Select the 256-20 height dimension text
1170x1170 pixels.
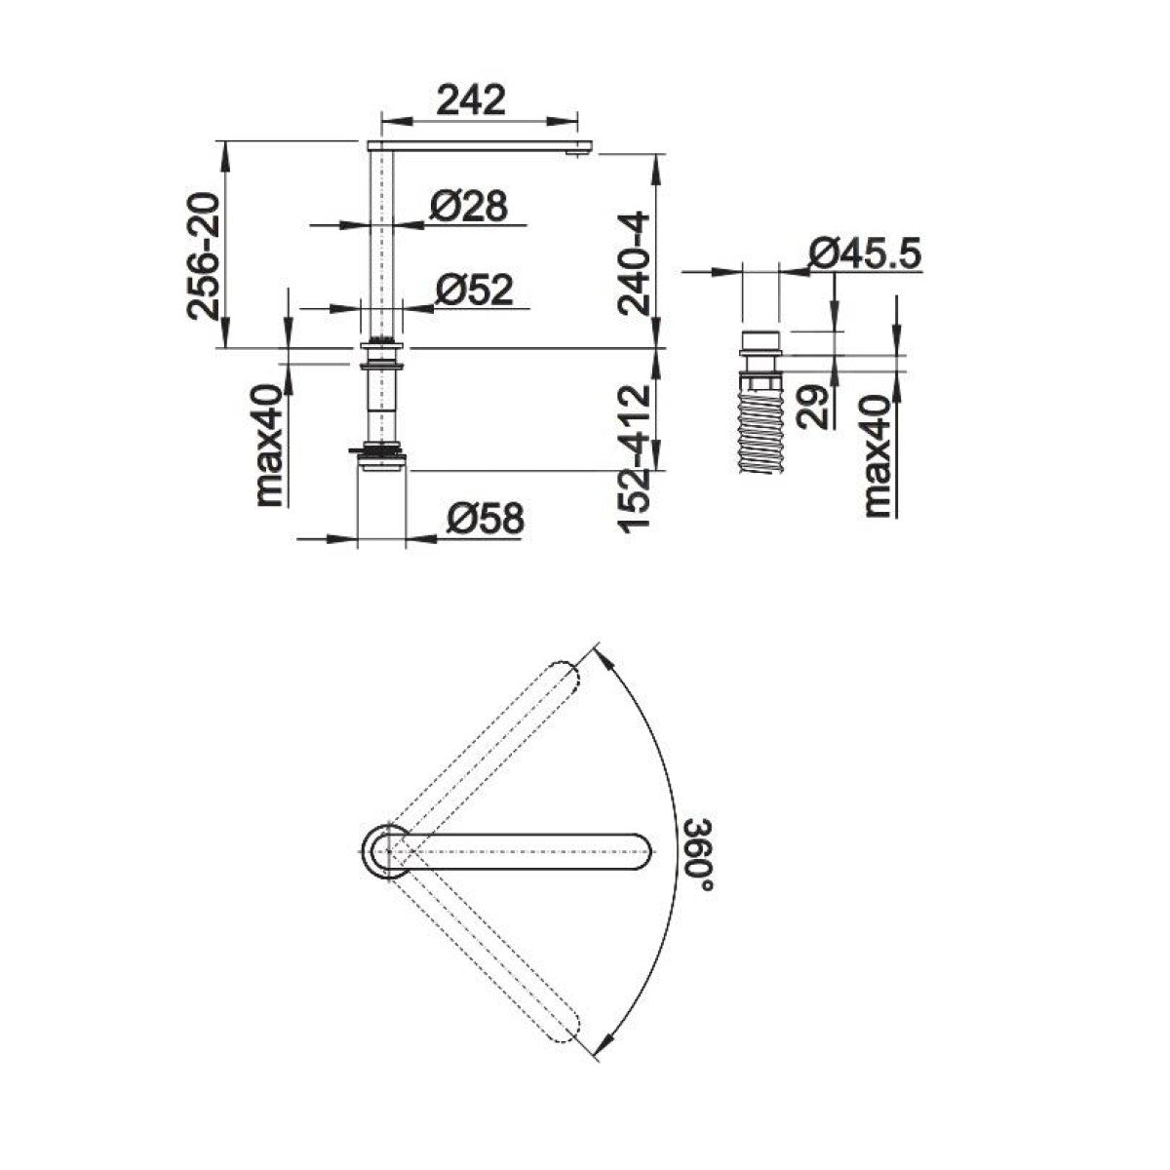(x=203, y=255)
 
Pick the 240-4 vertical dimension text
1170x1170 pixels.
(x=634, y=263)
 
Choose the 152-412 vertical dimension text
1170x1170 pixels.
(x=634, y=458)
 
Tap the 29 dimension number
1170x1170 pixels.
(x=813, y=408)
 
